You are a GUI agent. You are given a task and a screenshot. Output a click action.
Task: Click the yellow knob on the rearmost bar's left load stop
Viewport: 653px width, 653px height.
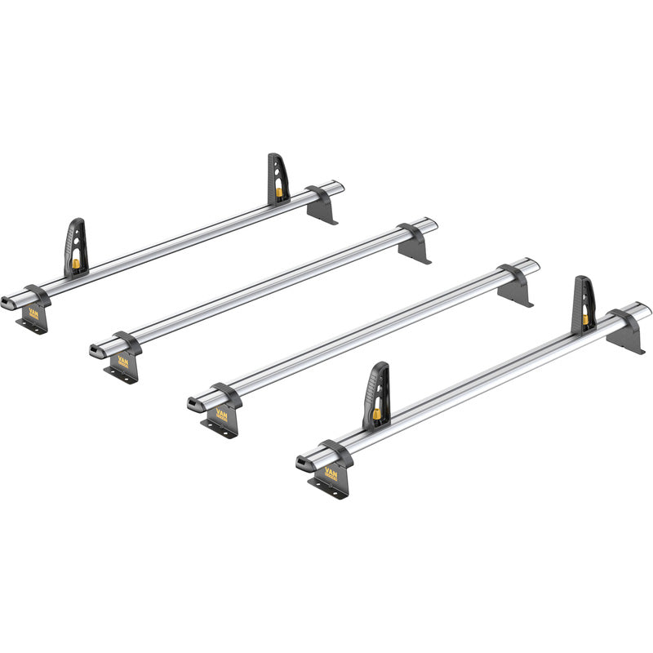pyautogui.click(x=76, y=264)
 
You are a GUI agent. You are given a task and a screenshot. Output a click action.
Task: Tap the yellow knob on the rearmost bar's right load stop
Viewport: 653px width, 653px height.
pyautogui.click(x=280, y=194)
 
